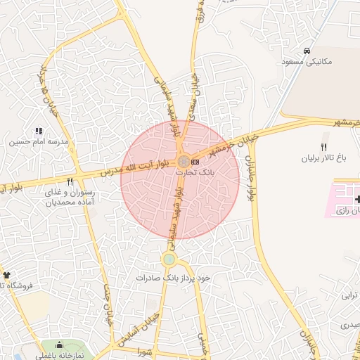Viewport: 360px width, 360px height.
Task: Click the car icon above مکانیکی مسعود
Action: point(307,51)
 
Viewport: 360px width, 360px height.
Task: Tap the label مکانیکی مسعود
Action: point(307,62)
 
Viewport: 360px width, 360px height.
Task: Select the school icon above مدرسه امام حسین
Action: point(38,131)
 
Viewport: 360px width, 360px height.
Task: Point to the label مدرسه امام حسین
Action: point(38,141)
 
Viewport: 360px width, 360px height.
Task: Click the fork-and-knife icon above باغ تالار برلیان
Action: point(323,148)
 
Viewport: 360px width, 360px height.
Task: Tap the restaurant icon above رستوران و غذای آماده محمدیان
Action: point(70,181)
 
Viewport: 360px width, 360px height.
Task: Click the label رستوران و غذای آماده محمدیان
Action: point(70,197)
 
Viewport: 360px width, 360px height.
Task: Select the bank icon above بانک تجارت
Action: point(195,162)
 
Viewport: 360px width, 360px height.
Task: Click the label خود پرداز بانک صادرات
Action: point(174,278)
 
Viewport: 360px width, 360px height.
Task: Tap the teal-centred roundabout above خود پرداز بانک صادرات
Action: point(169,260)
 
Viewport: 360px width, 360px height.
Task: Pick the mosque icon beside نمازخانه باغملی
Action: point(59,345)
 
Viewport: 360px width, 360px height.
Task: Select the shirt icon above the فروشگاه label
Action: point(7,275)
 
